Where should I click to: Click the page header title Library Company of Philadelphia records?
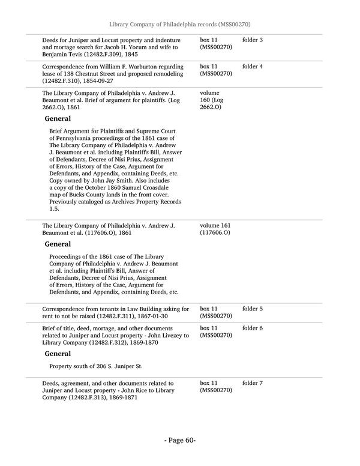coord(179,24)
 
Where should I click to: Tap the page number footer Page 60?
coord(180,440)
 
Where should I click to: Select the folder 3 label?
coord(253,40)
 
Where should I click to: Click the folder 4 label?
coord(253,66)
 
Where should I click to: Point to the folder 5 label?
coord(253,309)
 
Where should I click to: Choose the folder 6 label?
coord(253,328)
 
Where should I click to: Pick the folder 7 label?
coord(253,383)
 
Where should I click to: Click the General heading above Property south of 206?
coord(58,354)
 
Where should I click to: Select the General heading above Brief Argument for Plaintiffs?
coord(58,119)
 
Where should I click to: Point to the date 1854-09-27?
coord(94,80)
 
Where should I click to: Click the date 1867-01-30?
coord(151,316)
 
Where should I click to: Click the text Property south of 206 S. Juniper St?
coord(96,366)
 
